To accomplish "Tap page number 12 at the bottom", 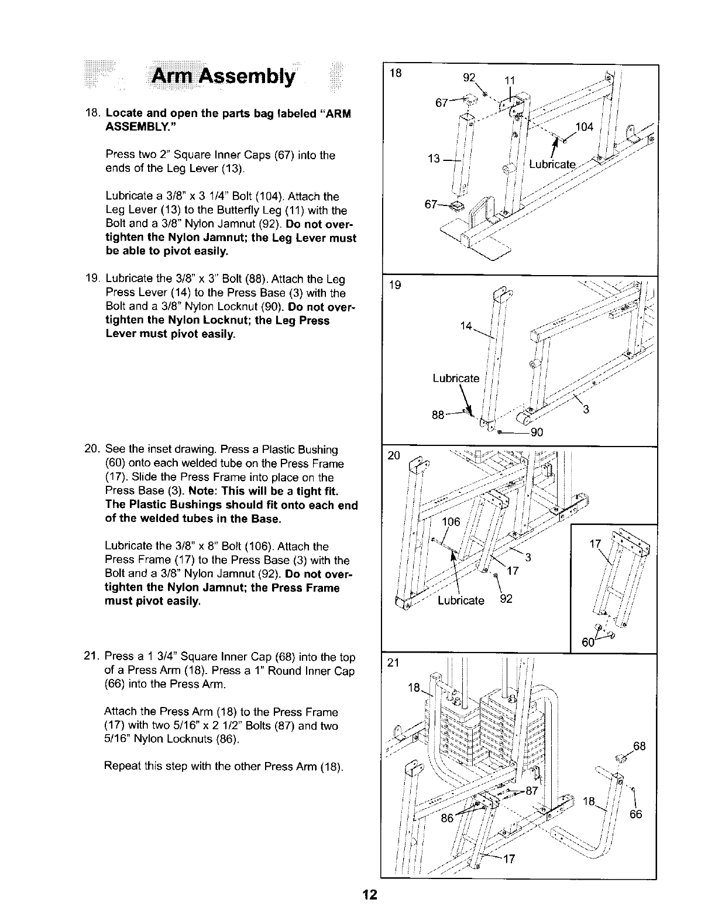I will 369,895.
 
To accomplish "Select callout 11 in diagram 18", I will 510,81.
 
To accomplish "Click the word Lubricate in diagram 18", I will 552,164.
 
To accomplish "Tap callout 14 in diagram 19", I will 466,327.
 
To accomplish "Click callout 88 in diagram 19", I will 438,416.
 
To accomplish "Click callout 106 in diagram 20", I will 451,522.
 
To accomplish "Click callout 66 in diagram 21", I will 635,813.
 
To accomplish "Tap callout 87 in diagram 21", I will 531,791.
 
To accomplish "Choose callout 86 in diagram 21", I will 447,818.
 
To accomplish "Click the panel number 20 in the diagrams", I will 392,456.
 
